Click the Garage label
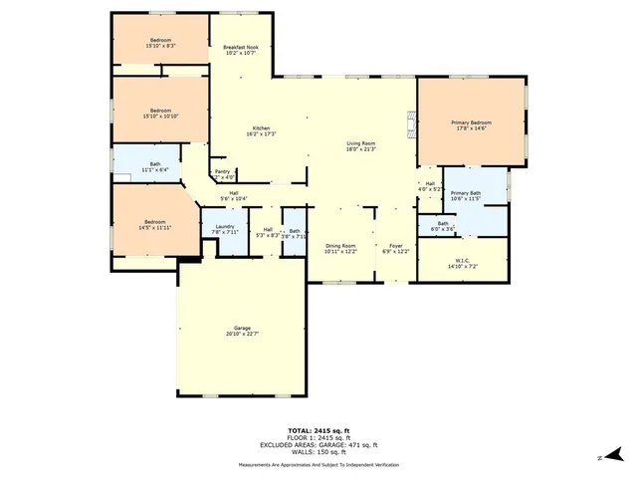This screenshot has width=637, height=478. point(242,330)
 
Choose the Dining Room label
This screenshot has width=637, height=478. point(340,248)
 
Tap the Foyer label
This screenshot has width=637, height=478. point(395,248)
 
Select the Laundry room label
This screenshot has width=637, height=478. point(225,230)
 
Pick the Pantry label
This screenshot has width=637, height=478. point(223,174)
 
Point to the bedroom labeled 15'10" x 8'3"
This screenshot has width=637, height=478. point(161,43)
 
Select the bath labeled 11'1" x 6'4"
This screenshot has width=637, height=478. point(155,167)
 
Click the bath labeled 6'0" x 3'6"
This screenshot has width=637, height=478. point(442,226)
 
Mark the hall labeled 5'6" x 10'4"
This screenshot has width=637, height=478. point(234,196)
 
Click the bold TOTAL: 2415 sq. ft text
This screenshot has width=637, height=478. point(318,430)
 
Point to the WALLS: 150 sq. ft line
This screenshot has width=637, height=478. point(318,454)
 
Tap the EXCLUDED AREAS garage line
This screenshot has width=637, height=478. point(318,446)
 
